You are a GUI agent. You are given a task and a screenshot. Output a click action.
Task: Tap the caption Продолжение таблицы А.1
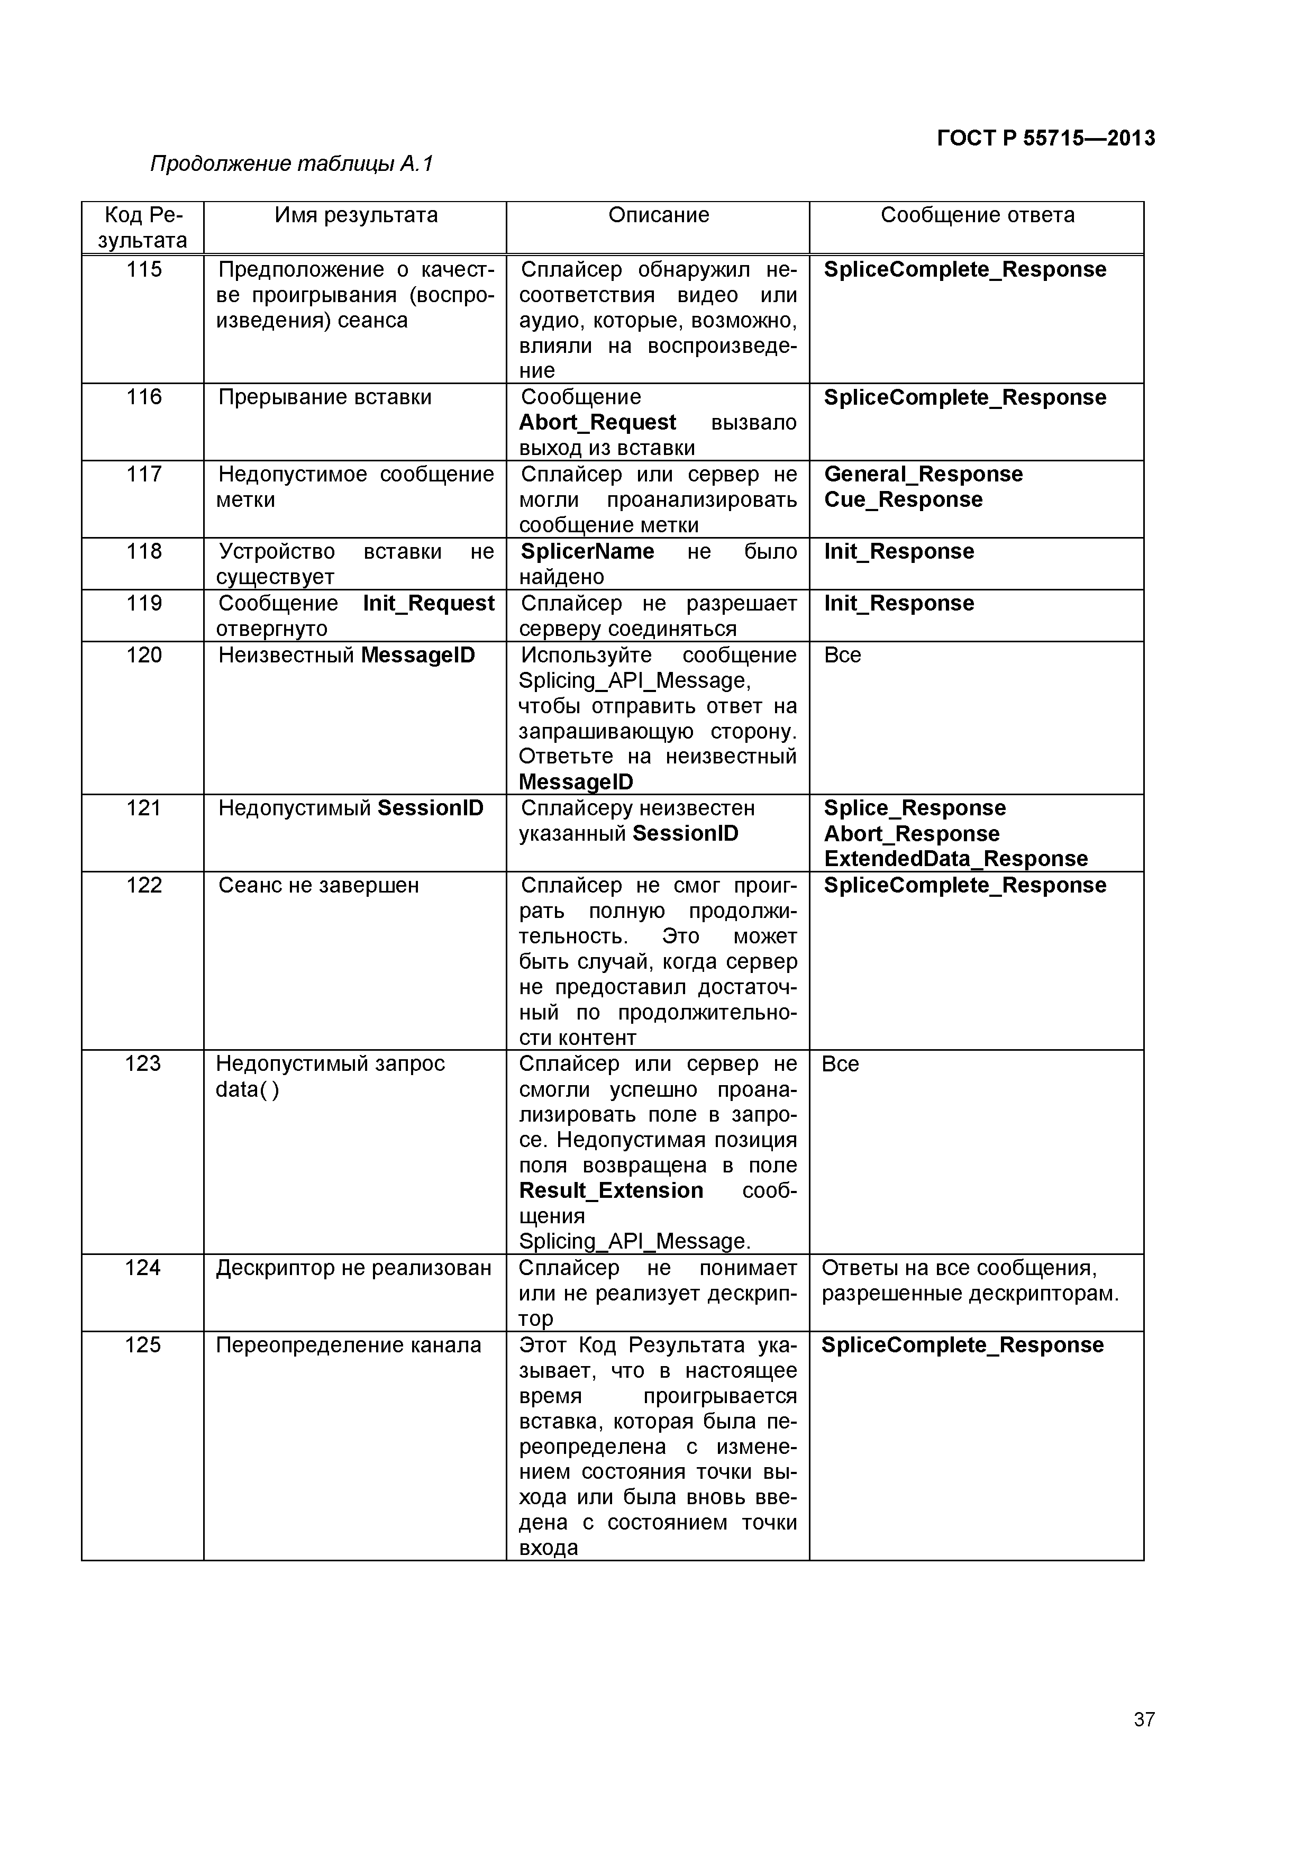click(292, 164)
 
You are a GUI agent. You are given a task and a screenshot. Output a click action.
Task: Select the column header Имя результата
click(356, 215)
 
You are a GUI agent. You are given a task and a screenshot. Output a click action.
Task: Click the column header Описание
click(658, 215)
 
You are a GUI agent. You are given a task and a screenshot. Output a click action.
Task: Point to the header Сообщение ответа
click(977, 215)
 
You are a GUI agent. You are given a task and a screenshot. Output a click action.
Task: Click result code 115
click(144, 269)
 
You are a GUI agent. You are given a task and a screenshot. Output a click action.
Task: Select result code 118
click(144, 551)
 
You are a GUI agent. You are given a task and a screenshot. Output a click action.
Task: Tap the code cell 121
click(144, 807)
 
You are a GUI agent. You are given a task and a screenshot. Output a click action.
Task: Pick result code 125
click(142, 1344)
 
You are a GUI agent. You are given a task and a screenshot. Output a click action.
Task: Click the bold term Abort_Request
click(597, 422)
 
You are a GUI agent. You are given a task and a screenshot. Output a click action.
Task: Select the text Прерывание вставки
click(325, 397)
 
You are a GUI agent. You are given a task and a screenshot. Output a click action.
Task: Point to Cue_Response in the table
click(903, 499)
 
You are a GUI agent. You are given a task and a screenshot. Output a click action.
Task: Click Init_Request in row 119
click(429, 603)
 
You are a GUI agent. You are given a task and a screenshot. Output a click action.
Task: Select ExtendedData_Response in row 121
click(955, 859)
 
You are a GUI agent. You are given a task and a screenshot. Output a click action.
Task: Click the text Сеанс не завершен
click(318, 885)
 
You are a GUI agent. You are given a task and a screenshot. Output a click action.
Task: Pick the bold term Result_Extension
click(611, 1191)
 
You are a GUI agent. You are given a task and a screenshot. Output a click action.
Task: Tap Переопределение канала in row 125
click(349, 1344)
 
